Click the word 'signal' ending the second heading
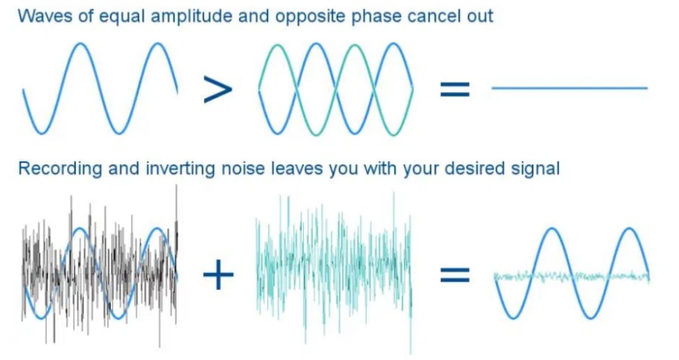tap(535, 169)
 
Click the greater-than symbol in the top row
tap(218, 89)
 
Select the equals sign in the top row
tap(454, 89)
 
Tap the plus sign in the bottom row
tap(218, 275)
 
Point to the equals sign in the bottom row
tap(454, 275)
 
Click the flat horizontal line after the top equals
tap(570, 88)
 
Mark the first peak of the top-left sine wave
tap(80, 44)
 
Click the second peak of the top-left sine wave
tap(158, 44)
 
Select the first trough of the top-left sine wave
tap(41, 132)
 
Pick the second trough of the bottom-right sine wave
tap(591, 317)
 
